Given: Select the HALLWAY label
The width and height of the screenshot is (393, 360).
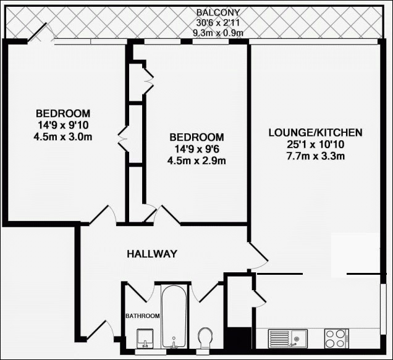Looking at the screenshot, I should point(152,254).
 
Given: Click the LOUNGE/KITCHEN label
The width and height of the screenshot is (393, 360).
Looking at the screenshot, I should point(315,133).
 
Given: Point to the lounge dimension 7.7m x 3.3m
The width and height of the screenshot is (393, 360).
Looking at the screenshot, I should point(315,156).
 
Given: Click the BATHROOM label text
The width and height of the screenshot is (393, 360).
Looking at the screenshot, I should point(143,316).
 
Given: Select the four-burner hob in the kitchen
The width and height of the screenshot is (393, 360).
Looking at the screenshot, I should point(337,338).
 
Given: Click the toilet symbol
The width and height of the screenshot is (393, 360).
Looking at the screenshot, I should point(205,338).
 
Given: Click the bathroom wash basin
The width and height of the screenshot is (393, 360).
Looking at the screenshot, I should point(146,339).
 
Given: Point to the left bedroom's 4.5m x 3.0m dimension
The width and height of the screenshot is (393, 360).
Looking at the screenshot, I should point(63,136).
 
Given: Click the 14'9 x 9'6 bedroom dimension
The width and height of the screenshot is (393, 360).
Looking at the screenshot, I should point(196,149).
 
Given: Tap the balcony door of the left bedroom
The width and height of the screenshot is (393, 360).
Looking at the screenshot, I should point(38,32).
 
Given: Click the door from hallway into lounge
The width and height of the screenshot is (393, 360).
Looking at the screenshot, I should point(258,253).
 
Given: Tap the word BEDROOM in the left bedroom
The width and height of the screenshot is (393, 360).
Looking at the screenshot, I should point(63,114).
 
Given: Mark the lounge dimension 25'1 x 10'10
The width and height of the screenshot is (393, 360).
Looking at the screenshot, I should point(315,144).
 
